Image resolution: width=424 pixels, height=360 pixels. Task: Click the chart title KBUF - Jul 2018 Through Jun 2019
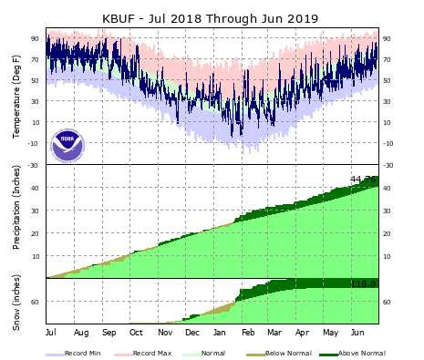pyautogui.click(x=212, y=17)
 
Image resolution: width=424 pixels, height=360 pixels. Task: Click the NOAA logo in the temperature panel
pyautogui.click(x=67, y=144)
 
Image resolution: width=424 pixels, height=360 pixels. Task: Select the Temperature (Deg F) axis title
pyautogui.click(x=17, y=96)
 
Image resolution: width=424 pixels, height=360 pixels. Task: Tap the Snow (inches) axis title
pyautogui.click(x=17, y=302)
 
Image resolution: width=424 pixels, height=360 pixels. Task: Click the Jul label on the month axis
pyautogui.click(x=51, y=333)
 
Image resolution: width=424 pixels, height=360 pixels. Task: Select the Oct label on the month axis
pyautogui.click(x=136, y=333)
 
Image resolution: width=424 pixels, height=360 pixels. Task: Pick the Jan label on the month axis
pyautogui.click(x=220, y=333)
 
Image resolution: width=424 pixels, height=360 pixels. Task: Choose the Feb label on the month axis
pyautogui.click(x=248, y=333)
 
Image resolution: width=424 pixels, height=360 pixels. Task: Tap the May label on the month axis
pyautogui.click(x=330, y=333)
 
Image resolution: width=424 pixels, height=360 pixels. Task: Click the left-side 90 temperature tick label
pyautogui.click(x=35, y=38)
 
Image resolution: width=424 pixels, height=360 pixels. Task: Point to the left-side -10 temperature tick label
pyautogui.click(x=33, y=143)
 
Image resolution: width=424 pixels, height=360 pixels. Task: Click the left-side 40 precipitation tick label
pyautogui.click(x=35, y=188)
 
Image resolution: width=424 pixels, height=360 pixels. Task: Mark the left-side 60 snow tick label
pyautogui.click(x=35, y=302)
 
